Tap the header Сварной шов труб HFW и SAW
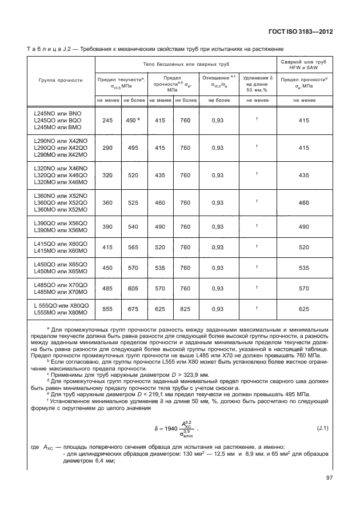click(x=303, y=63)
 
